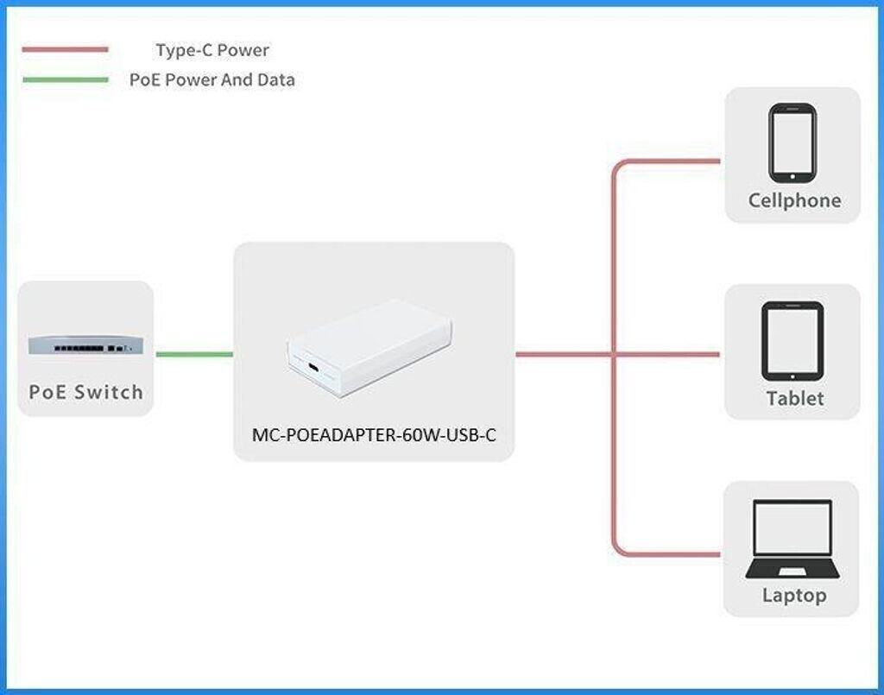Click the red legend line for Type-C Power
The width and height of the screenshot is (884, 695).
65,49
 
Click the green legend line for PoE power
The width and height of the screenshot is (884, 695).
65,79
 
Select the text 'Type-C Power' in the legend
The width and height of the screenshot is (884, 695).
212,50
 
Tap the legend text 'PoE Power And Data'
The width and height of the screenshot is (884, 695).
212,79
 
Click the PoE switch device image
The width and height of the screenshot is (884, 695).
85,345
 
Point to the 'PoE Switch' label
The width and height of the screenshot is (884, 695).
86,392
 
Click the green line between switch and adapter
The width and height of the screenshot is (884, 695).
194,354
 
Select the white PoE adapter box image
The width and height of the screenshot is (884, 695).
369,348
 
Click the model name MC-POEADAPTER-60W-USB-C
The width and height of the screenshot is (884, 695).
374,435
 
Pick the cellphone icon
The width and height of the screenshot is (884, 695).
792,142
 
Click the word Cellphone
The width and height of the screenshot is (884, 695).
794,200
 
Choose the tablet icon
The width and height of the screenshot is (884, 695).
792,341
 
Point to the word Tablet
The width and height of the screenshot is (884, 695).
795,399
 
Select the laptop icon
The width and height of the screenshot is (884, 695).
792,539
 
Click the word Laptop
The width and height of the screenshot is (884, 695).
794,596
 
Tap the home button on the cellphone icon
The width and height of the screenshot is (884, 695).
792,177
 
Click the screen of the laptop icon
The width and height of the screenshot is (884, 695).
792,528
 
